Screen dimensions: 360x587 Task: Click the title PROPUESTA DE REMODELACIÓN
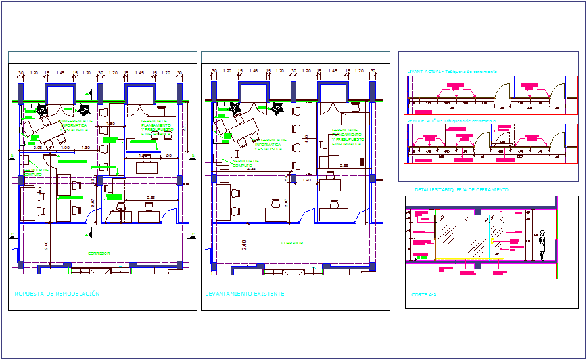coord(56,294)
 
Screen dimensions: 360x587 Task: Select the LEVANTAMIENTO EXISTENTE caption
coord(245,294)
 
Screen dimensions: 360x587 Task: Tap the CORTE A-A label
coord(423,295)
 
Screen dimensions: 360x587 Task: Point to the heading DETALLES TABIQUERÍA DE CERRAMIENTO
coord(461,189)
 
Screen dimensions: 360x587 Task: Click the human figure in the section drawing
coord(543,244)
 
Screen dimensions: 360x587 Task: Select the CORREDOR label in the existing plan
coord(293,243)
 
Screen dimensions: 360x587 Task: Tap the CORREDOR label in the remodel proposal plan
coord(99,252)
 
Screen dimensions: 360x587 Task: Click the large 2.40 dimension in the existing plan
coord(244,246)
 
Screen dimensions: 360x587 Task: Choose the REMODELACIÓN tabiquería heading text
coord(451,121)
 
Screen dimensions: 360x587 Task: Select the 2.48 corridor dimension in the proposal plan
coord(46,246)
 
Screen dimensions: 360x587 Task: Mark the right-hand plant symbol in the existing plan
coord(277,108)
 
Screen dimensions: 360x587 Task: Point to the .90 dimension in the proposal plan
coord(169,156)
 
